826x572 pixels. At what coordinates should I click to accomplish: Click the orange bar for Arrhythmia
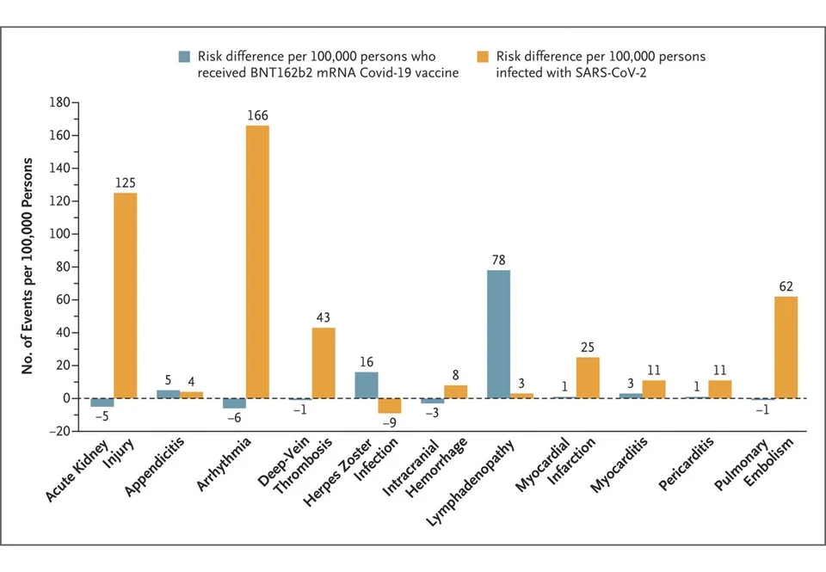(x=257, y=261)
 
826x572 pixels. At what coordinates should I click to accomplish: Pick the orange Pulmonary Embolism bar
(x=786, y=347)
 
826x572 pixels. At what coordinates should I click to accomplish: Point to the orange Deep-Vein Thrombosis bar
(x=324, y=362)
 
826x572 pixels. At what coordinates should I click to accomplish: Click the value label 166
(x=257, y=115)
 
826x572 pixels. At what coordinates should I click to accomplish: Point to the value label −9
(x=389, y=424)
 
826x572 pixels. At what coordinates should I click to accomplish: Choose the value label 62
(x=786, y=286)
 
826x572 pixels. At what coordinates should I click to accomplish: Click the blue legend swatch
(x=184, y=57)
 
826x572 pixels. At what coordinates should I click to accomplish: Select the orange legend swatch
(x=483, y=57)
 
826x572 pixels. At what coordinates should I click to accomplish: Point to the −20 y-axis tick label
(x=58, y=431)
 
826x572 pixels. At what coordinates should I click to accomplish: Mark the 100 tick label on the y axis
(x=58, y=234)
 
